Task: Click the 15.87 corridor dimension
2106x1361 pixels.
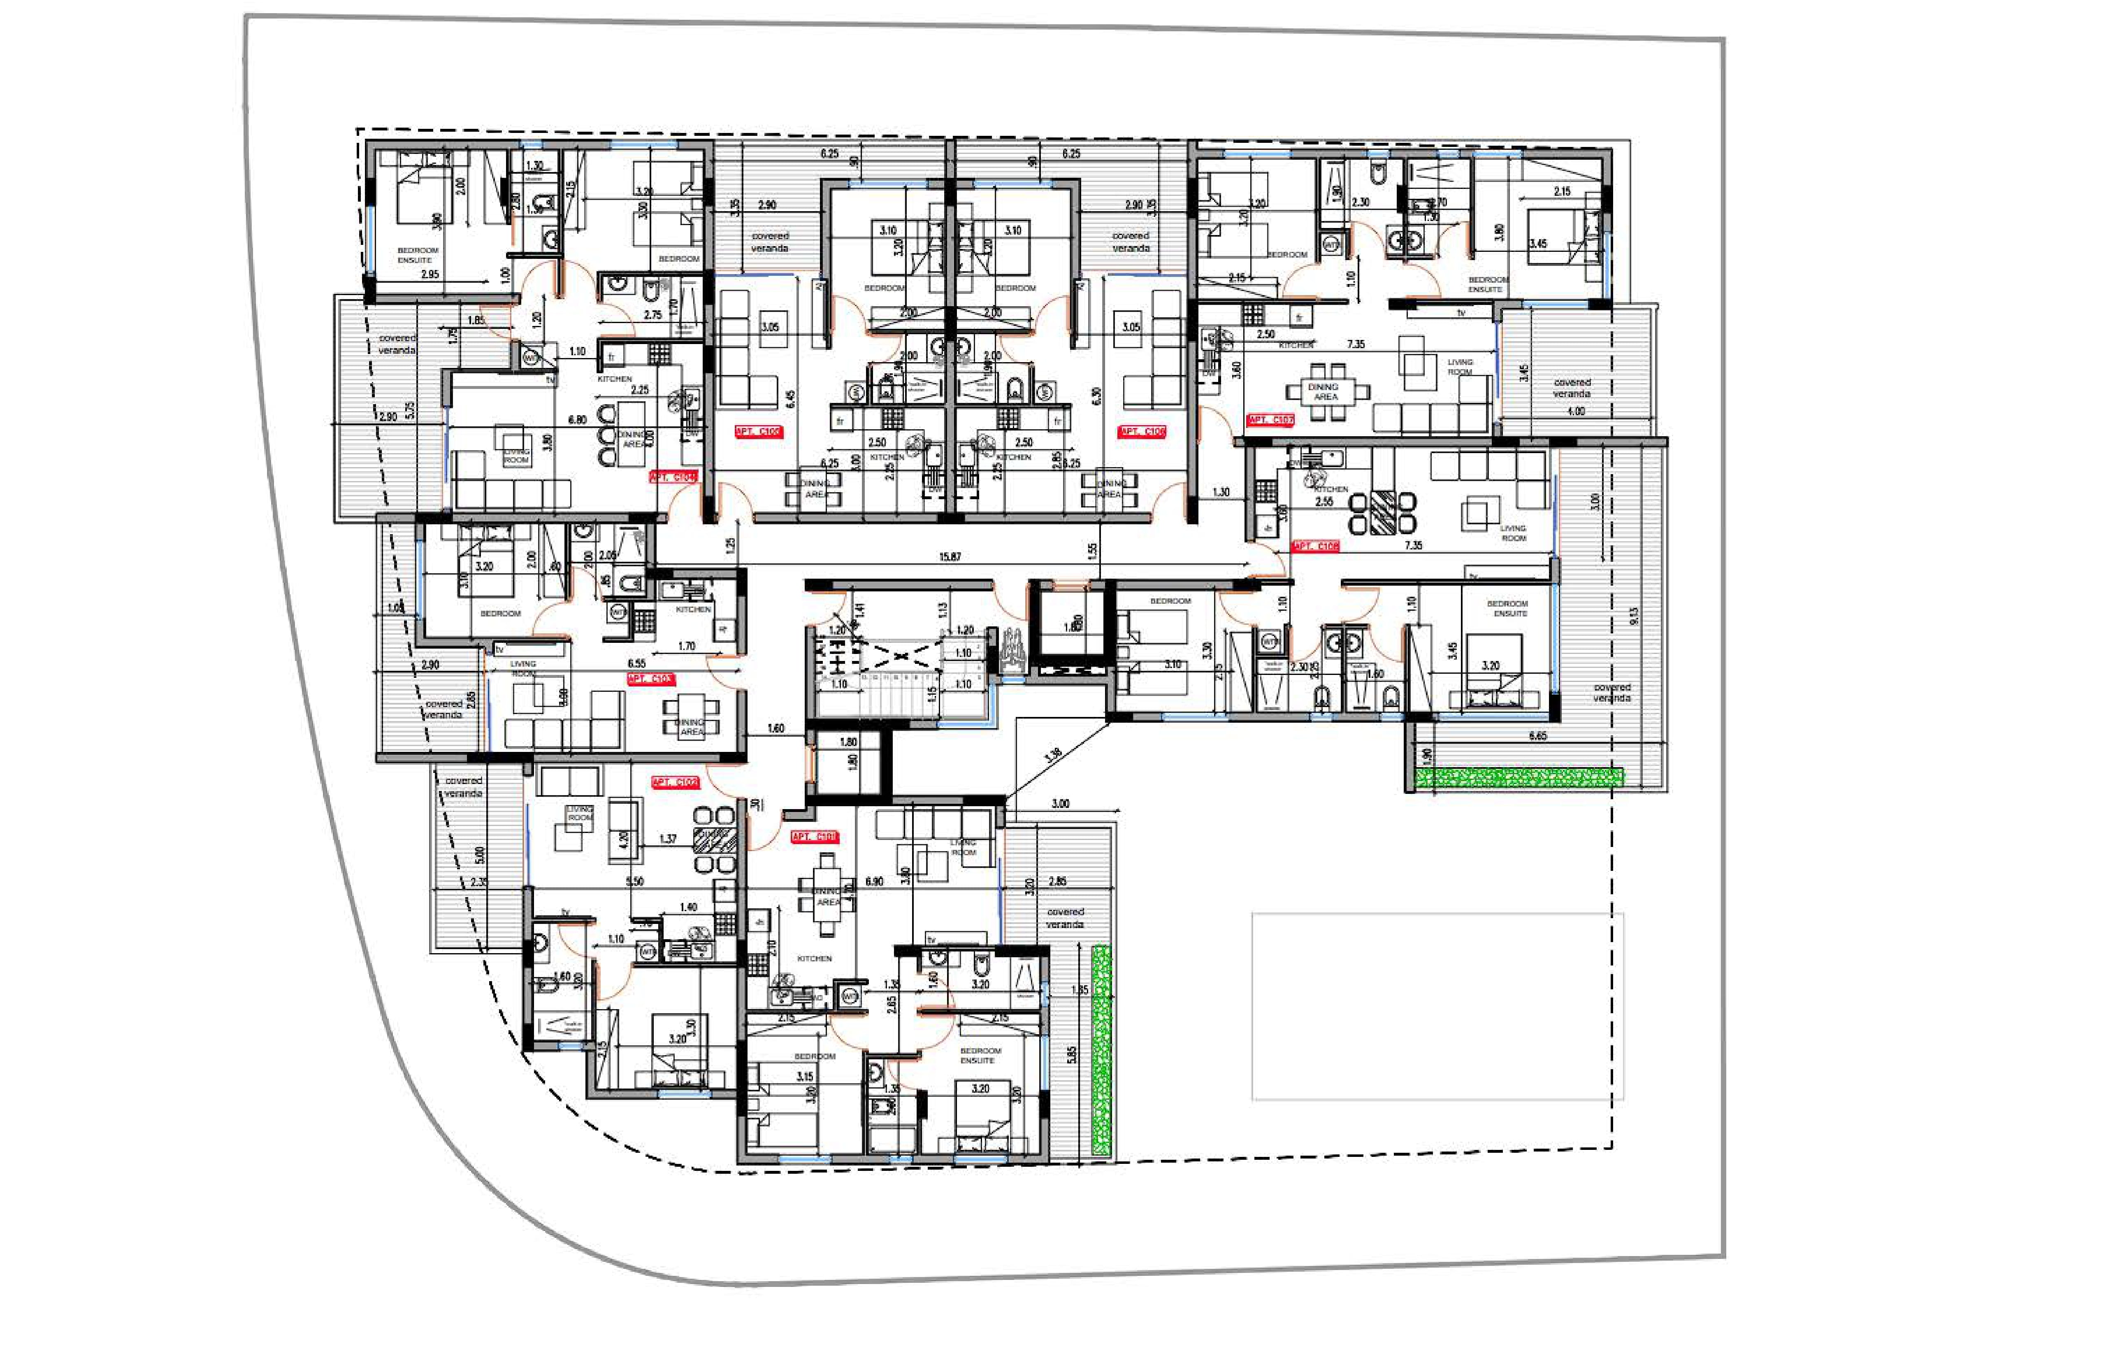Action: (x=950, y=557)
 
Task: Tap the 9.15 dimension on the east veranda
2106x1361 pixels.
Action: (x=1633, y=616)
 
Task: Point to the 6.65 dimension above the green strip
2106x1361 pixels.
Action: (x=1537, y=735)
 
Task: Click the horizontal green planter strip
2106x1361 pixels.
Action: (x=1519, y=778)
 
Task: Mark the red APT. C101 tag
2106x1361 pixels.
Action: (x=815, y=836)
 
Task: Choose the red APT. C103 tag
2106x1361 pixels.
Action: (x=650, y=679)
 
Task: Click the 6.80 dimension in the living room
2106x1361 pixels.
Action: (x=577, y=420)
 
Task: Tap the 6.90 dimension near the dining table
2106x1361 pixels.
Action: (x=874, y=881)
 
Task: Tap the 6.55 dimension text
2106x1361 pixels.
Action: (x=636, y=663)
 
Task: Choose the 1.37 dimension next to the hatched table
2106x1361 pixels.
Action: (x=668, y=839)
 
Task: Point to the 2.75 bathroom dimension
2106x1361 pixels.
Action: (x=653, y=314)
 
